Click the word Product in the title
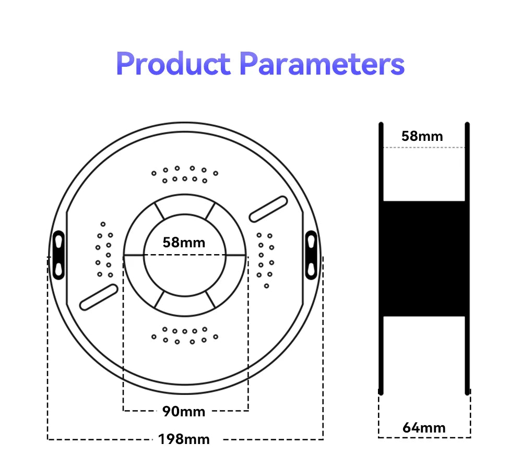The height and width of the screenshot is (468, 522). [x=173, y=63]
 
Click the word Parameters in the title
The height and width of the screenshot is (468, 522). [x=322, y=63]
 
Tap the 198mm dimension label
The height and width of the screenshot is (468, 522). [x=184, y=439]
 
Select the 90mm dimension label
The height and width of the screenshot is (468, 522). [x=184, y=412]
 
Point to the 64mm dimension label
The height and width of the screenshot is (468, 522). [x=424, y=428]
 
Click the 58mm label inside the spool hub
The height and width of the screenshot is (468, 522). [x=184, y=242]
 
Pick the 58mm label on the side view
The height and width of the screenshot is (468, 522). [x=422, y=136]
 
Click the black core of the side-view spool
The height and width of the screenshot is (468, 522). [x=424, y=258]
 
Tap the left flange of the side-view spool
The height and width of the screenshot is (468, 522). [x=381, y=259]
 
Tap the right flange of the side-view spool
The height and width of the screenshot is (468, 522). [x=467, y=259]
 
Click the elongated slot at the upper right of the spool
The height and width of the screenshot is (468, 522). [x=268, y=209]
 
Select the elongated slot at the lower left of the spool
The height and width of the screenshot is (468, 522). [x=99, y=297]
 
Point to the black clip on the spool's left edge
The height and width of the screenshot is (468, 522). [x=58, y=255]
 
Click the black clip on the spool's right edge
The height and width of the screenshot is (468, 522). [x=311, y=255]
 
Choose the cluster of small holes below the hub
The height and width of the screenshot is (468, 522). [x=185, y=335]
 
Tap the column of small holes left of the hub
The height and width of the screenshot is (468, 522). [x=104, y=249]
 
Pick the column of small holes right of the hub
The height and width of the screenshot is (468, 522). [x=265, y=260]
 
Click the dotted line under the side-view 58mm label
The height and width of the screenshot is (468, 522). [x=424, y=147]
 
